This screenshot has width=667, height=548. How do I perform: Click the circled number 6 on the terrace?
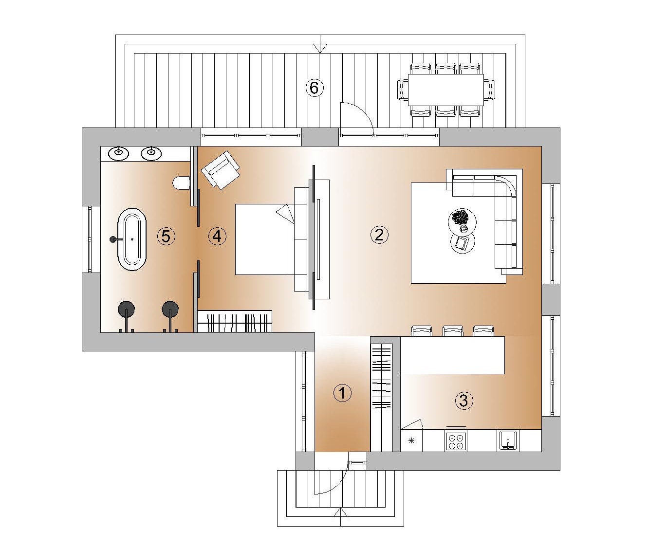(315, 88)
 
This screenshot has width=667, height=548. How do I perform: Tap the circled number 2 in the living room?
(379, 235)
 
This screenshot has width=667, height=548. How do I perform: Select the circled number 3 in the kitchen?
(463, 401)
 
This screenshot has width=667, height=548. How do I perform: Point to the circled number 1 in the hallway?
(343, 393)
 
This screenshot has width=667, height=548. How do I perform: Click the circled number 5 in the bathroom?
(166, 236)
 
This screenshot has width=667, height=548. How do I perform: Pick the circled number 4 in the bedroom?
(217, 236)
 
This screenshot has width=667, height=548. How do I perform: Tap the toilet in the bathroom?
(182, 183)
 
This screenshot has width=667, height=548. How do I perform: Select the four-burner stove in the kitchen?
(456, 440)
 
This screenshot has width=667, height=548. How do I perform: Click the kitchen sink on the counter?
(508, 440)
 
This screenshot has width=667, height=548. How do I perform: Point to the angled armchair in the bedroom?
(221, 170)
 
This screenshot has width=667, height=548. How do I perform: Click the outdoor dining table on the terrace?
(446, 90)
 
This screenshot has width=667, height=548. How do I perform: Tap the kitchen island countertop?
(453, 355)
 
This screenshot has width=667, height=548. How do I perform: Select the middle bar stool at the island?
(453, 331)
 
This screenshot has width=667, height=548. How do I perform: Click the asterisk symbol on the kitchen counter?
(411, 440)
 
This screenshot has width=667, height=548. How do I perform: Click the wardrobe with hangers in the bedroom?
(235, 321)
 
